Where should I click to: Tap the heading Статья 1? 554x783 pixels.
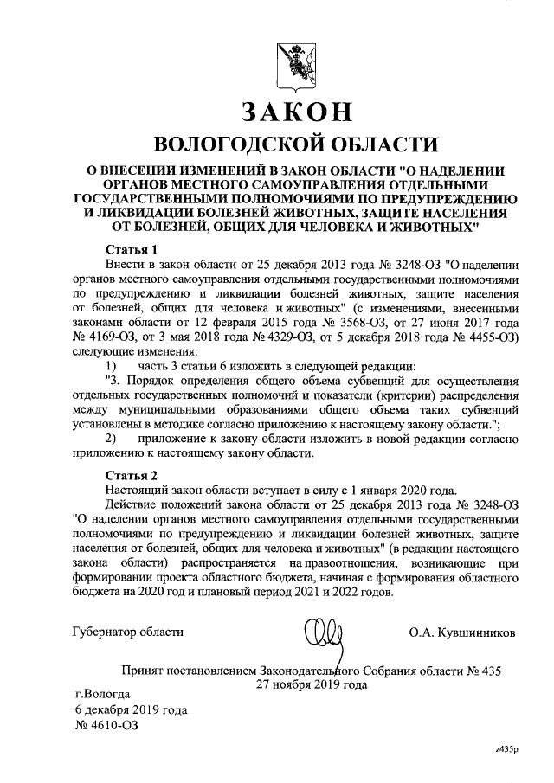click(x=132, y=250)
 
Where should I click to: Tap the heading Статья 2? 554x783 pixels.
click(x=132, y=476)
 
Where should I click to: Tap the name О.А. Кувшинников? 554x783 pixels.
click(x=462, y=632)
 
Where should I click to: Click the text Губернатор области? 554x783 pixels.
click(x=127, y=632)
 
